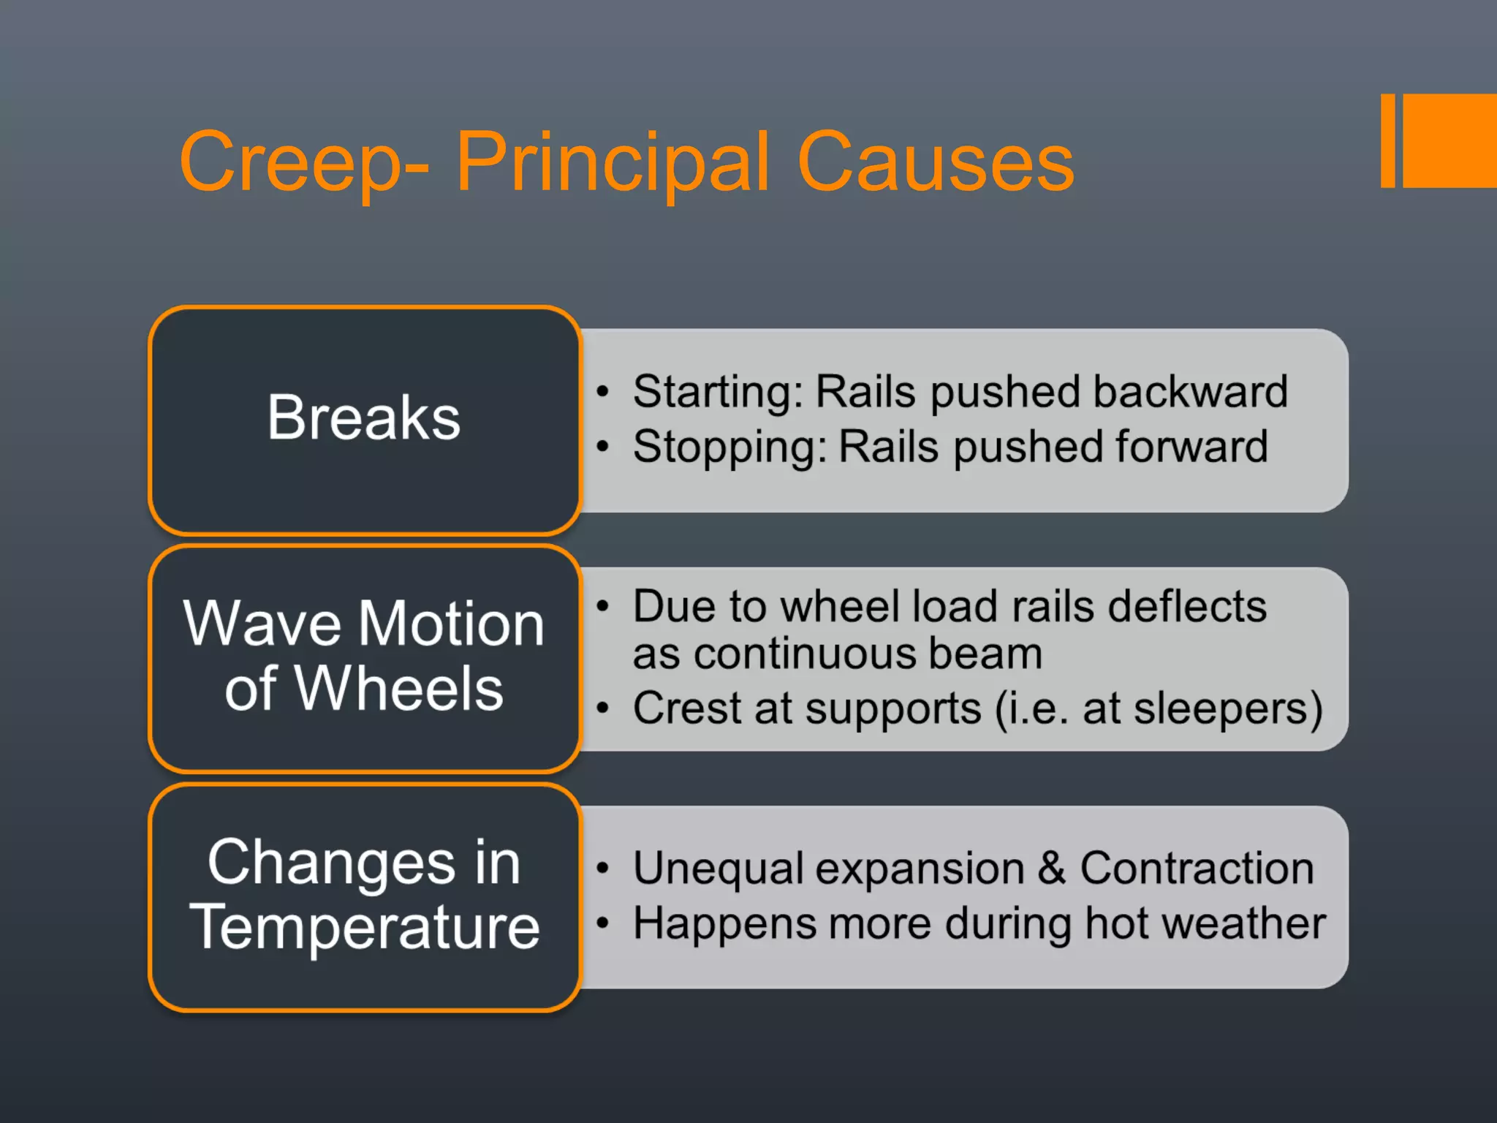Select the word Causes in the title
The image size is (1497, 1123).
936,162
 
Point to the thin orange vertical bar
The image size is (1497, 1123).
1387,140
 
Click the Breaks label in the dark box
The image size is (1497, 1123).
364,417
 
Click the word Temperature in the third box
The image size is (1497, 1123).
364,927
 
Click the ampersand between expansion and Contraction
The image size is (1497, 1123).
1051,868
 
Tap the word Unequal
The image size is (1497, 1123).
718,868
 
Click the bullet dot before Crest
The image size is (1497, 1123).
602,708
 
